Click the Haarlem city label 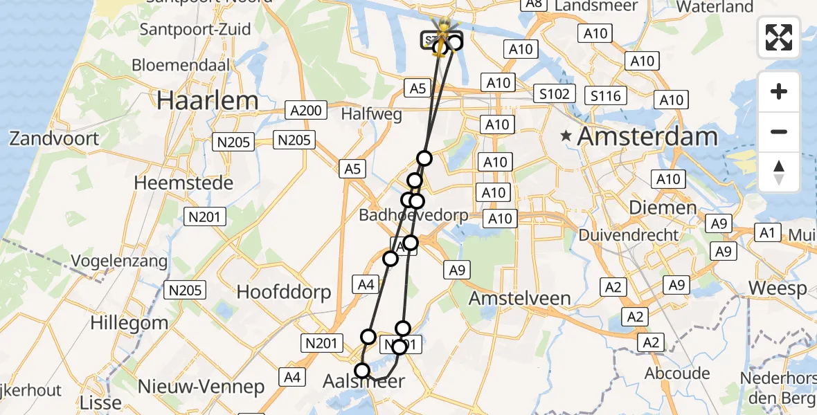click(x=207, y=100)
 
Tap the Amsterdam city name click(x=647, y=136)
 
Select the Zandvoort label click(x=54, y=138)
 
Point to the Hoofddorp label click(x=284, y=292)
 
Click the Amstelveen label click(x=520, y=298)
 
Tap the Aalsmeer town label click(x=363, y=381)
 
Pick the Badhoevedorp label click(x=413, y=215)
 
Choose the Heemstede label click(x=183, y=183)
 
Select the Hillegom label click(x=138, y=322)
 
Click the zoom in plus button click(x=779, y=91)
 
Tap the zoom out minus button click(x=779, y=131)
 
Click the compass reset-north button click(x=779, y=172)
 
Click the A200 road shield click(x=305, y=110)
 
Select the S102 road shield click(x=555, y=93)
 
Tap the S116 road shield click(x=605, y=95)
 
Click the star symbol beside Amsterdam click(x=566, y=136)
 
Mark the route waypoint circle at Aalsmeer click(x=362, y=371)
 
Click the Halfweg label click(x=371, y=115)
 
